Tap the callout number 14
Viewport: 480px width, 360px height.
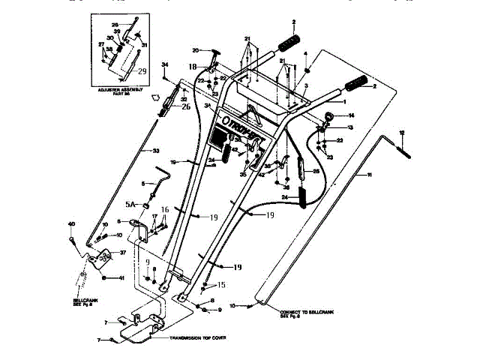pos(351,116)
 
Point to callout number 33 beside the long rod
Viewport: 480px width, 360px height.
pos(156,152)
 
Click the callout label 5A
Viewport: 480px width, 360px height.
pos(130,204)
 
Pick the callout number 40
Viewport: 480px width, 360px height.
pos(71,224)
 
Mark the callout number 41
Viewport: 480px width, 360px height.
pos(121,278)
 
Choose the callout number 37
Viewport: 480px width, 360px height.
pos(122,253)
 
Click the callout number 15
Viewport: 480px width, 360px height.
pos(222,284)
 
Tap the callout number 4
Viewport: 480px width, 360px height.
pos(305,52)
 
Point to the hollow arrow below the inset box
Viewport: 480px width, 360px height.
pos(155,97)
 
